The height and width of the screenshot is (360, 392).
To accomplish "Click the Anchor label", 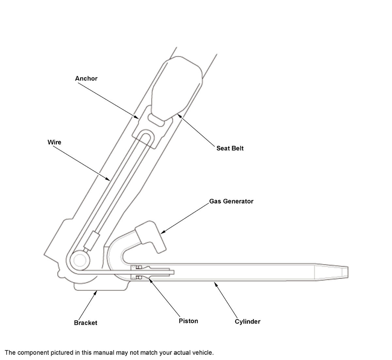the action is (86, 79).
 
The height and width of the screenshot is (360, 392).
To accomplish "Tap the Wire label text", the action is (54, 142).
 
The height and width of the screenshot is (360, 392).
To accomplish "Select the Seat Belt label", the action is (230, 148).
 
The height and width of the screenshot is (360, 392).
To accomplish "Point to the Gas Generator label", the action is (231, 201).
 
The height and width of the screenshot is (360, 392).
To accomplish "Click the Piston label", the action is (188, 321).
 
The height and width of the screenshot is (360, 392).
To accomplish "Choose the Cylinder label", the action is (248, 321).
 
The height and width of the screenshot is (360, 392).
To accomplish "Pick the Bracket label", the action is (86, 323).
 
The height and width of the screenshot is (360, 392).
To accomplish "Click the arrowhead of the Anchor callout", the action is (137, 117).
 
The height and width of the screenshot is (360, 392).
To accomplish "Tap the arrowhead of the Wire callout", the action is (108, 179).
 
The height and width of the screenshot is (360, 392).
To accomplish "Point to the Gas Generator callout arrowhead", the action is (162, 232).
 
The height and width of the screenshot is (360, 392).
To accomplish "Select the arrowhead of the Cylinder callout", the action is (216, 284).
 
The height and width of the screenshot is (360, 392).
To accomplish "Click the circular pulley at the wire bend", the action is (80, 260).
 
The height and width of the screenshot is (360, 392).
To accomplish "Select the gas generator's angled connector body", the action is (151, 237).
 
